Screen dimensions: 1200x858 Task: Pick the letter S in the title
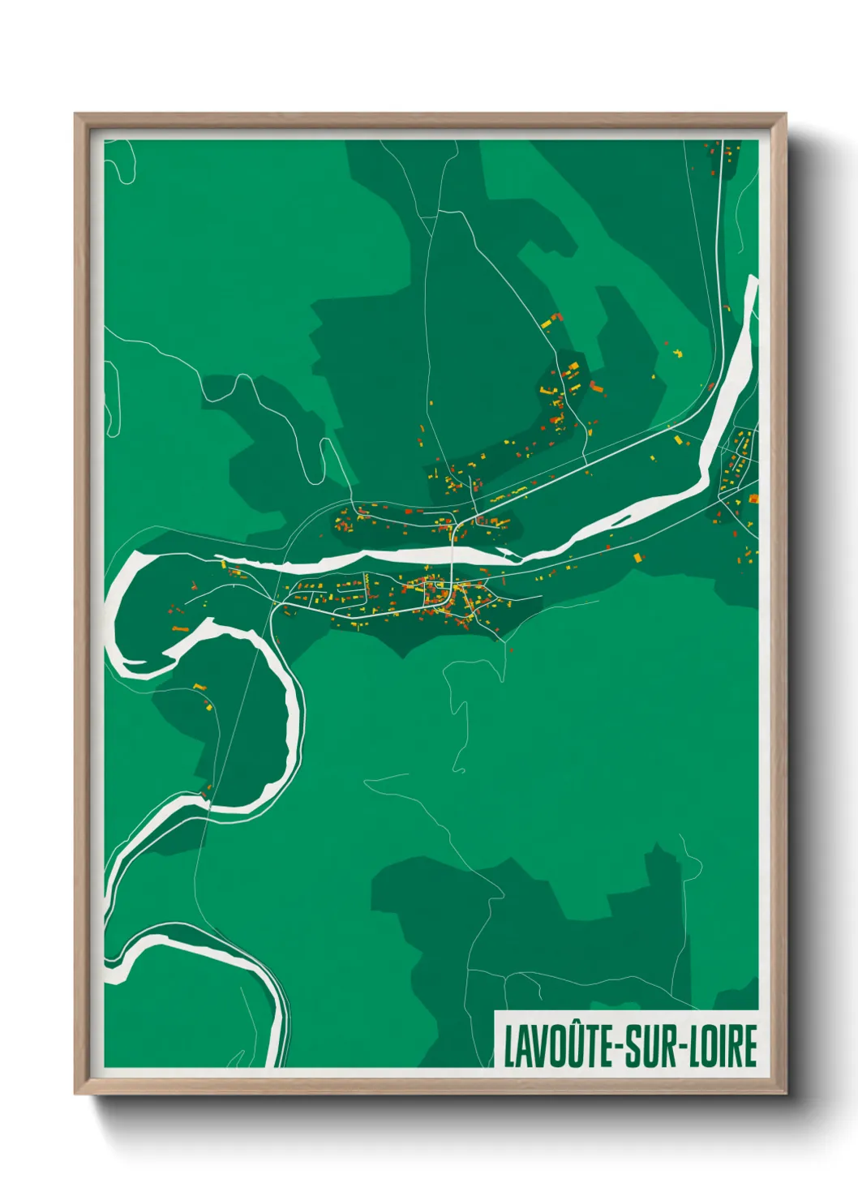point(634,1047)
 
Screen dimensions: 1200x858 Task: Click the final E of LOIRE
point(750,1047)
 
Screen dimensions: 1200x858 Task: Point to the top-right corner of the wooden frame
point(784,115)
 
